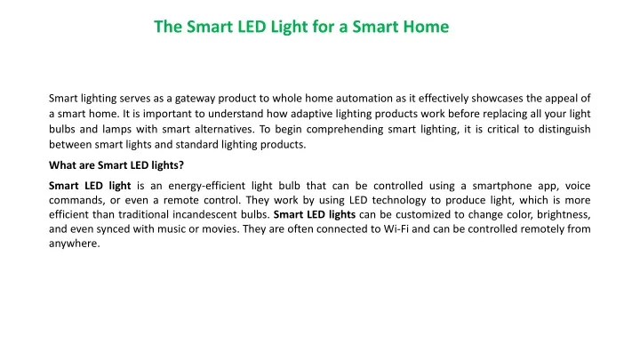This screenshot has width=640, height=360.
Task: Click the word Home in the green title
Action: [426, 27]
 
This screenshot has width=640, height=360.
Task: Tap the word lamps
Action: [116, 130]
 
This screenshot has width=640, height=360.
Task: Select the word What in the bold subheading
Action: [60, 165]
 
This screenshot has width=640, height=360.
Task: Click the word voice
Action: [578, 186]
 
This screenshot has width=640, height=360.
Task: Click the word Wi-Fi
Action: [396, 229]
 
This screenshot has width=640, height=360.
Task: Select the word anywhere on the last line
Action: [75, 244]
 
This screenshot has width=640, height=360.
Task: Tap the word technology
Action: [399, 200]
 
